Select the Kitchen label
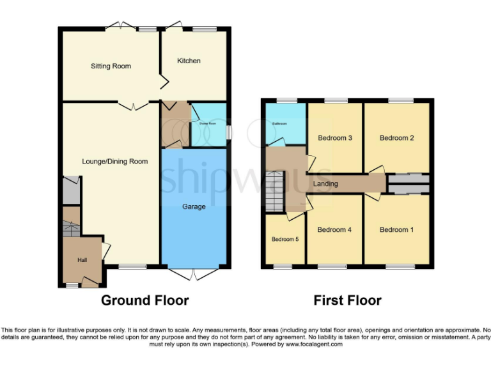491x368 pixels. [x=189, y=61]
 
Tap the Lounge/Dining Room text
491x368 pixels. [x=115, y=162]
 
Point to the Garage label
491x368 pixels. [x=193, y=206]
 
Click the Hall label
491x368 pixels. [x=82, y=260]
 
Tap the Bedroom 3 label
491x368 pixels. [x=335, y=138]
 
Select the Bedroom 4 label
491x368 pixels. [x=335, y=230]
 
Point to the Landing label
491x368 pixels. [x=325, y=184]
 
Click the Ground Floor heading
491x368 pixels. [x=145, y=300]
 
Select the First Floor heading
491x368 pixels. [x=347, y=300]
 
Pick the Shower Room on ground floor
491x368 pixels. [x=208, y=124]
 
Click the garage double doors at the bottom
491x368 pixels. [x=194, y=273]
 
